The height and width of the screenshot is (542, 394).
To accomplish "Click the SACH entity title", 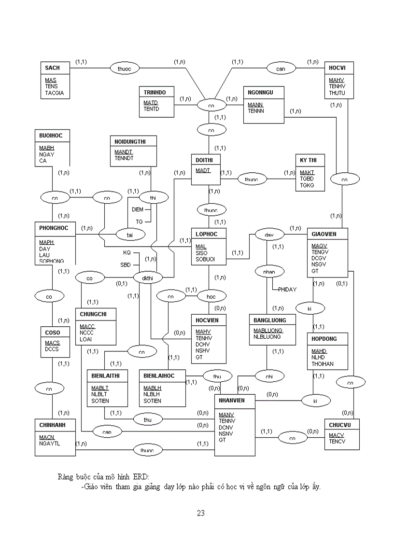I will click(x=53, y=68).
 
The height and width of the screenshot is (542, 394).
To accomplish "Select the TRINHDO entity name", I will click(x=155, y=92).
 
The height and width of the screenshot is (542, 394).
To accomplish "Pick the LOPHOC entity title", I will click(x=207, y=234).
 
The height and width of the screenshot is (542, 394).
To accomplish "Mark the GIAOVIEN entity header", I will click(x=324, y=234).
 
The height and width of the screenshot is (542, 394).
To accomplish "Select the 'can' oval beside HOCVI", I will click(x=281, y=69).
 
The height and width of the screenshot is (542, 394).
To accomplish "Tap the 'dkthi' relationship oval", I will click(x=147, y=278).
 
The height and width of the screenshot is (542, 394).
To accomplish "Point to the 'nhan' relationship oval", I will click(x=269, y=272).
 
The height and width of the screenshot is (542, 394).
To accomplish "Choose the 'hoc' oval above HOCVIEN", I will click(x=211, y=297).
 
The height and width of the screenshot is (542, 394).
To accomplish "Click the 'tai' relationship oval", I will click(x=129, y=235).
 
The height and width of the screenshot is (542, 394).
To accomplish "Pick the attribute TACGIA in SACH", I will click(x=55, y=93).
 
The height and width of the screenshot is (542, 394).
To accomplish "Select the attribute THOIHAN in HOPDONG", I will click(x=323, y=364).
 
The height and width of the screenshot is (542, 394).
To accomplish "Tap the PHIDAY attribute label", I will click(x=287, y=290).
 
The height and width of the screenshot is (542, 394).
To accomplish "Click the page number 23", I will click(x=201, y=513).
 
